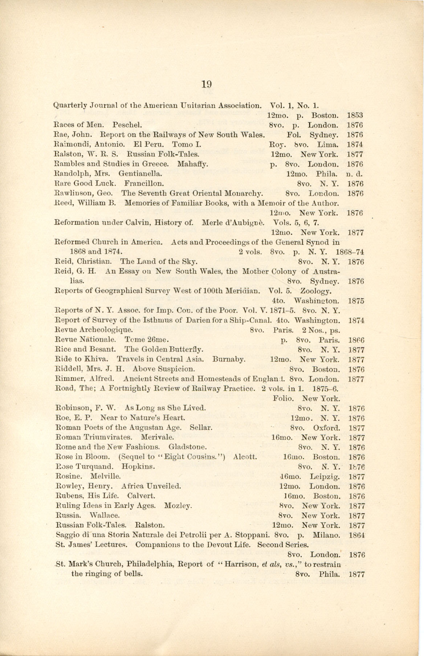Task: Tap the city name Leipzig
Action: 325,477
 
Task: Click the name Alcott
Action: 246,457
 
